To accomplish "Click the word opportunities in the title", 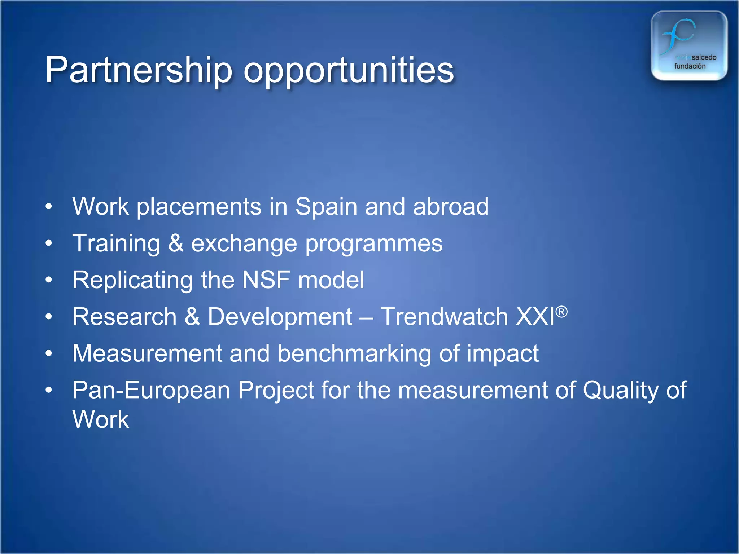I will pos(349,71).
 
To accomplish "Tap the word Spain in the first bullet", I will pos(326,207).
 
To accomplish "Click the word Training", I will pos(116,244).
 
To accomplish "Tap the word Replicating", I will pos(132,281).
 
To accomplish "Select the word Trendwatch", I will pos(445,316).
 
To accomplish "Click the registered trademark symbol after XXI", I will pos(561,311).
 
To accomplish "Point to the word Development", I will pos(280,317).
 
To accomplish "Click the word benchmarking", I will pos(354,354).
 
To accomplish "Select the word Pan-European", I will pos(151,391).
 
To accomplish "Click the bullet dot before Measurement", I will pos(49,353).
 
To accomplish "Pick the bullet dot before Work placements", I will pos(49,207).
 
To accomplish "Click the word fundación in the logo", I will pos(690,66).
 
